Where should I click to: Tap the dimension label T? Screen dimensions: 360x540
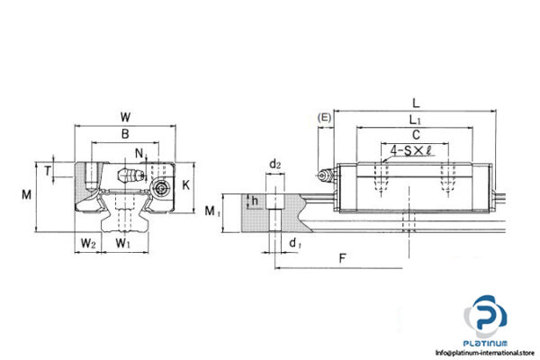coord(47,167)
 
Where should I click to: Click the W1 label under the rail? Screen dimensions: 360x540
coord(124,242)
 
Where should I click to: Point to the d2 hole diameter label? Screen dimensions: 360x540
coord(274,164)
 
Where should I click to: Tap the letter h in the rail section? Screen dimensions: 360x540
coord(256,201)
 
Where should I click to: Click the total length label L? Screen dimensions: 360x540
coord(412,103)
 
